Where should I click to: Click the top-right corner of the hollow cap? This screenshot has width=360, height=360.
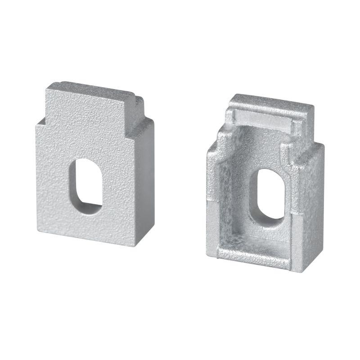point(313,106)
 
